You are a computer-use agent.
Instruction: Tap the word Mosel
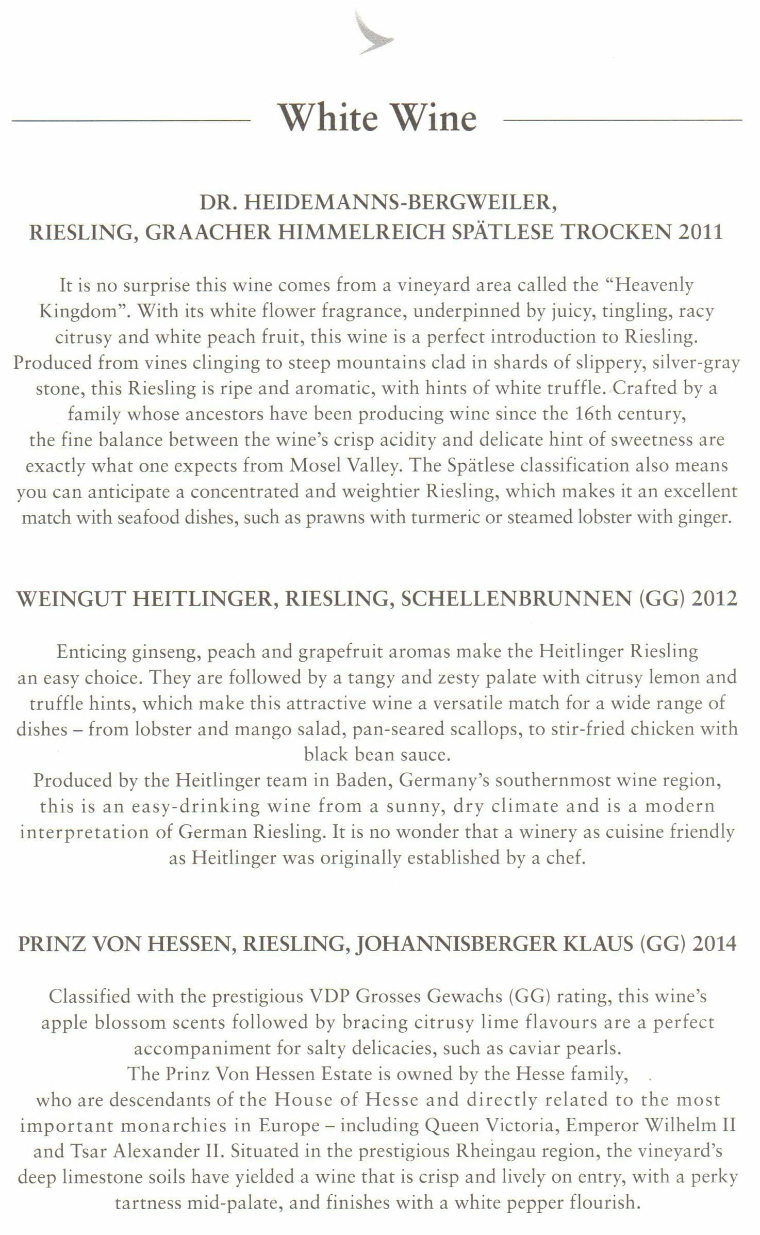tap(316, 465)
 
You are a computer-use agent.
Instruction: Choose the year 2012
tap(715, 599)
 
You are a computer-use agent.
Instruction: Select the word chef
tap(569, 858)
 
